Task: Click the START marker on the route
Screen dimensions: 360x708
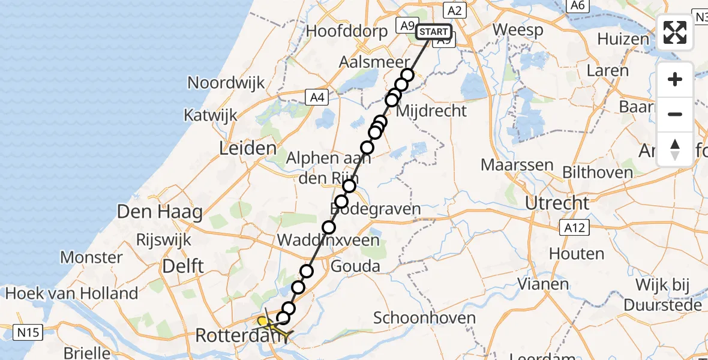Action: [x=433, y=32]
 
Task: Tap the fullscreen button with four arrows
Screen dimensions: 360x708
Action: [x=675, y=32]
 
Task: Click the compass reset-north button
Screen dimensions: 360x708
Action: [x=675, y=149]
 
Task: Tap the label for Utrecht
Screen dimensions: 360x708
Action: [x=557, y=203]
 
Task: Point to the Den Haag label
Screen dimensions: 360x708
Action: [x=160, y=212]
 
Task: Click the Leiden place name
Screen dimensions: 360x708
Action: [x=248, y=148]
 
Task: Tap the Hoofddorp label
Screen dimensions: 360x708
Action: [x=347, y=31]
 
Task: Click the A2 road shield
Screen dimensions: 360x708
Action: [x=454, y=10]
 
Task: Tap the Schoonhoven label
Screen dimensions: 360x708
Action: [x=424, y=318]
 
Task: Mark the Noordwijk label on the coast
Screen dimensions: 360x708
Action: [x=226, y=83]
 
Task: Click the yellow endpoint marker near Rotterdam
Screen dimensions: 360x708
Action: [x=262, y=321]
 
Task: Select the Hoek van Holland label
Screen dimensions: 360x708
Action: [x=71, y=293]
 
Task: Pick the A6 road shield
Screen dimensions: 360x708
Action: [x=578, y=5]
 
